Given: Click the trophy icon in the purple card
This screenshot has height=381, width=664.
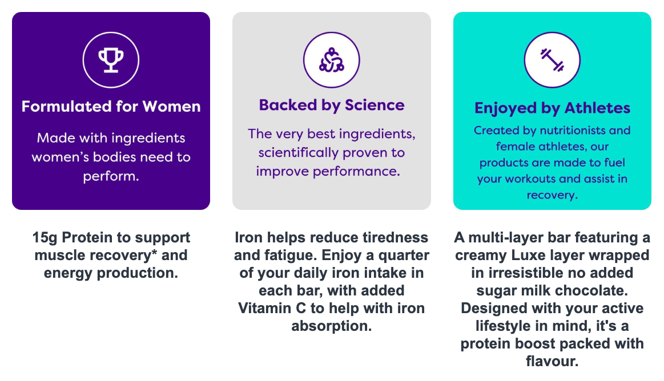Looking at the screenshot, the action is (x=111, y=60).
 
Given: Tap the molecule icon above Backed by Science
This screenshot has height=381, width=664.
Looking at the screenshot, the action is (x=332, y=60).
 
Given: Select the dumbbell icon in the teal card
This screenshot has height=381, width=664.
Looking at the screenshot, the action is (x=552, y=60).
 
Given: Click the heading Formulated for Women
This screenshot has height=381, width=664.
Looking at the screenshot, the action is (x=111, y=106).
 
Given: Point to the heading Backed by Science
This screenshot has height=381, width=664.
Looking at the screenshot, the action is (x=332, y=106).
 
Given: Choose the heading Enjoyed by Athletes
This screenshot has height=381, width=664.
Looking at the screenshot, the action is (x=552, y=108).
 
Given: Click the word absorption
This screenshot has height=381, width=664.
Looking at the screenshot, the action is (x=332, y=326).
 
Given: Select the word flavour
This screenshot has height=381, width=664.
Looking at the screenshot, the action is (x=552, y=362).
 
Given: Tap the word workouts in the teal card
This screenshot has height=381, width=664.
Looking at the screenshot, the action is (x=530, y=179).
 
